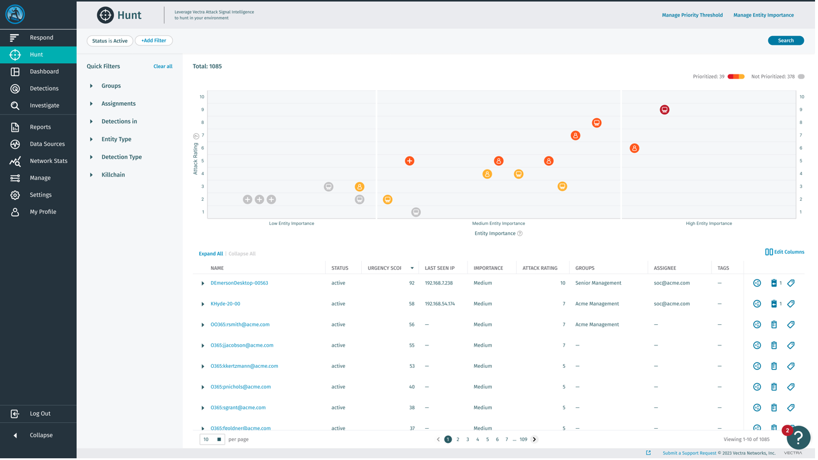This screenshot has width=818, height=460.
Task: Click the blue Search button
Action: click(x=785, y=41)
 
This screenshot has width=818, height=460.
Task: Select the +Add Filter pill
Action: click(x=154, y=41)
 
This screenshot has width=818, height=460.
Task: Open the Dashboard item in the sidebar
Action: click(x=44, y=71)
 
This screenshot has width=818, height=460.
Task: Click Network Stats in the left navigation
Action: click(x=48, y=161)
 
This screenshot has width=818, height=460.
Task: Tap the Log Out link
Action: click(x=40, y=413)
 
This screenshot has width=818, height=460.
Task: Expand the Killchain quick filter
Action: click(x=113, y=175)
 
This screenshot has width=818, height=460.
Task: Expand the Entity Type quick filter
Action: click(x=116, y=139)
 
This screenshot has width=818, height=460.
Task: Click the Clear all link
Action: click(x=163, y=66)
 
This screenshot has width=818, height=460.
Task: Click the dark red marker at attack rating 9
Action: click(x=664, y=110)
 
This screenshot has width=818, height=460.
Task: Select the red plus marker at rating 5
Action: click(x=410, y=161)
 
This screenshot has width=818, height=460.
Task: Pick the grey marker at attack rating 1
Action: click(x=416, y=212)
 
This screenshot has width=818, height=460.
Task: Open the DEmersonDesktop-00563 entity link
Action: click(x=239, y=283)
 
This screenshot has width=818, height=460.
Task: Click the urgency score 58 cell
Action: click(x=411, y=304)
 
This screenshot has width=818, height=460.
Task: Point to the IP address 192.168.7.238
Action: click(x=439, y=283)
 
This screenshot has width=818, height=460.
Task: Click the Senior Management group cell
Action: click(x=598, y=283)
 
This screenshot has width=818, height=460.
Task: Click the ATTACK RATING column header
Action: click(x=540, y=268)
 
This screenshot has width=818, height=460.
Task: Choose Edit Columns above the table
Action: click(x=784, y=252)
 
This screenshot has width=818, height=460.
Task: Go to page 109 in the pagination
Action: click(x=523, y=439)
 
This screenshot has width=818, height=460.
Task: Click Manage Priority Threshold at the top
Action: click(x=692, y=15)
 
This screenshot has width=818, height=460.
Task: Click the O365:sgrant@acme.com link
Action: click(x=238, y=407)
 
